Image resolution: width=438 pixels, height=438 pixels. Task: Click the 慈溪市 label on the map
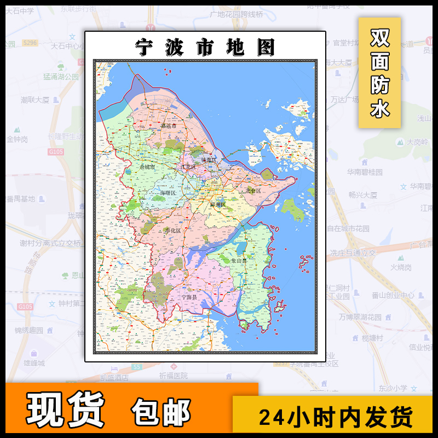161,126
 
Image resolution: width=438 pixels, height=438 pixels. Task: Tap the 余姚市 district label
148,166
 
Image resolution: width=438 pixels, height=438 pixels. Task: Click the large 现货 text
66,410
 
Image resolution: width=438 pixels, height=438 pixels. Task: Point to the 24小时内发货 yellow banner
335,417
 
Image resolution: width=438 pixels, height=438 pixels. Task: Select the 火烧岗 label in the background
401,267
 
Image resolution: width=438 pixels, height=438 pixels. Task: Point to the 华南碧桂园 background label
364,172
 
